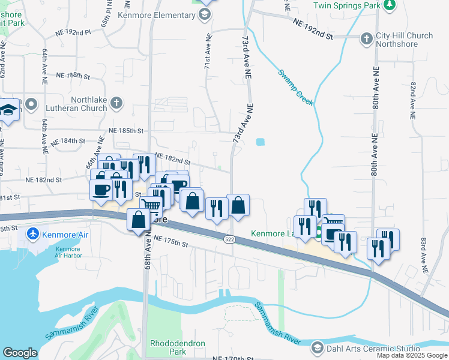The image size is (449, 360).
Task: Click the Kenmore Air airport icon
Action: pyautogui.click(x=34, y=234)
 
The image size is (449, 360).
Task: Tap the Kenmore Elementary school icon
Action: pyautogui.click(x=205, y=13)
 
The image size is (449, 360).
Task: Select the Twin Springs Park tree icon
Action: pyautogui.click(x=390, y=5)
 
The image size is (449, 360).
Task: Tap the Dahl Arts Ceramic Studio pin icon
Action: pyautogui.click(x=318, y=348)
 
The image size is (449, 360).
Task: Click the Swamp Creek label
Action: pyautogui.click(x=295, y=88)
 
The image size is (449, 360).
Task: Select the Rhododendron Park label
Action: pyautogui.click(x=177, y=347)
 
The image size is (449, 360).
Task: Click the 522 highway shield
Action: pyautogui.click(x=231, y=239)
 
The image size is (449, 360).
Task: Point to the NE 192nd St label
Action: pyautogui.click(x=313, y=29)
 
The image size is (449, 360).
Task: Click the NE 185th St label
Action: pyautogui.click(x=126, y=130)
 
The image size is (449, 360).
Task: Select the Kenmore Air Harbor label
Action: pyautogui.click(x=68, y=252)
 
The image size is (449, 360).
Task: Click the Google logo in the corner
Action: pyautogui.click(x=19, y=353)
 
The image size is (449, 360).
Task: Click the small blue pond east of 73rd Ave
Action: pyautogui.click(x=259, y=143)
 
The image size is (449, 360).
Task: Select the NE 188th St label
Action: pyautogui.click(x=73, y=76)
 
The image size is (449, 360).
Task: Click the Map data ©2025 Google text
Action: pyautogui.click(x=411, y=355)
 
